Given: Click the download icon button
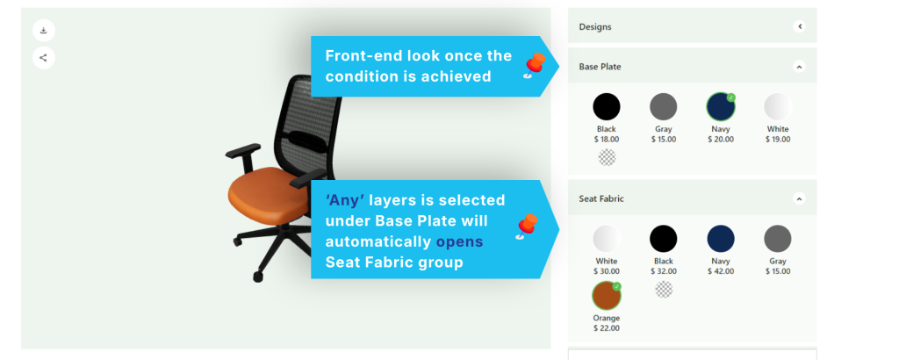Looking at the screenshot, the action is click(x=44, y=31).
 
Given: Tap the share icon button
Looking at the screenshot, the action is click(x=44, y=57).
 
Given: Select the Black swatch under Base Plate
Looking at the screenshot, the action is click(x=606, y=106).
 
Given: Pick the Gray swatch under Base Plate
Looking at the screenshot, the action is click(x=664, y=106).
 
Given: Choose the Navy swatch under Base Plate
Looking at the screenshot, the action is click(x=721, y=106).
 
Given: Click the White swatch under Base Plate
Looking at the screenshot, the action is click(x=778, y=106).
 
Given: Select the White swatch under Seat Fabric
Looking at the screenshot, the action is click(x=607, y=239).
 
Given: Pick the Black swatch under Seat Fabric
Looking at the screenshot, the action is click(x=664, y=239).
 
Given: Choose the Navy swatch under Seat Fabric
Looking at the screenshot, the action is click(x=721, y=239).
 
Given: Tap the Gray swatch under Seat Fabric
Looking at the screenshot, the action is click(x=778, y=239).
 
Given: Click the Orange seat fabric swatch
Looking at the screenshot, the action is click(x=607, y=295).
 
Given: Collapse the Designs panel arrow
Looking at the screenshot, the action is click(x=799, y=26).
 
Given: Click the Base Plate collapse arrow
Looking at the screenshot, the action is click(x=799, y=67).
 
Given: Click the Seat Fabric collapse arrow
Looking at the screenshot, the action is click(x=799, y=198).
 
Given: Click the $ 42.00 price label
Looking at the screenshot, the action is click(x=721, y=271).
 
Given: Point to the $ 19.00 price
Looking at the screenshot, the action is click(x=778, y=140).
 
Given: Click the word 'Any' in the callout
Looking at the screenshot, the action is click(x=345, y=200).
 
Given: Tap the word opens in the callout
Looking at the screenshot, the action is click(x=459, y=242).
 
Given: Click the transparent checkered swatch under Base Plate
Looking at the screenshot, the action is click(x=607, y=157).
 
